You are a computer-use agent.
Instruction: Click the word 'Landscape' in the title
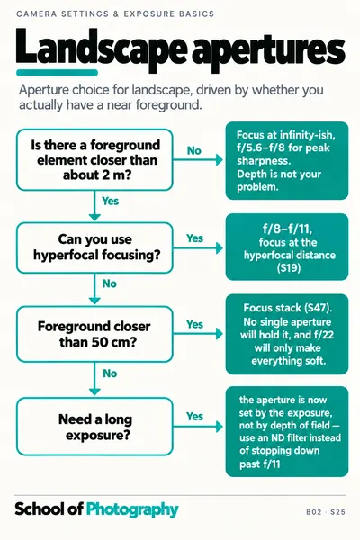pos(101,49)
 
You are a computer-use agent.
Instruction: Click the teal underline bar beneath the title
pos(58,73)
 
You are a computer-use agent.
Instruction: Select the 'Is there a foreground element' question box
pos(94,160)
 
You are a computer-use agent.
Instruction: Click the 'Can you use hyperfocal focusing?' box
pos(94,247)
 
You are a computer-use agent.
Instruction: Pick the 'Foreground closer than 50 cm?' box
pos(94,334)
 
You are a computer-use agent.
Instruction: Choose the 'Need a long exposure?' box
pos(94,427)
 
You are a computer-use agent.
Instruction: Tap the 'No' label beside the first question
pos(194,150)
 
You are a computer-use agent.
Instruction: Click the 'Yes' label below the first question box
pos(110,201)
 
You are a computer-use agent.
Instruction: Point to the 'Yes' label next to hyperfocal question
pos(194,238)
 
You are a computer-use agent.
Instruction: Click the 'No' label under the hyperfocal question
pos(110,283)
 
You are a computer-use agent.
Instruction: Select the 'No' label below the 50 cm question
pos(110,373)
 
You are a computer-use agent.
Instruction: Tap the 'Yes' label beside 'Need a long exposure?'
pos(194,417)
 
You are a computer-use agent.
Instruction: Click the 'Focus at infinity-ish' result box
pos(287,160)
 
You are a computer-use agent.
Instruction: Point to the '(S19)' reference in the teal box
pos(289,267)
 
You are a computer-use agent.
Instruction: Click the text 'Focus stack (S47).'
pos(288,308)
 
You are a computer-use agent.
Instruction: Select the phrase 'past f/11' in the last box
pos(260,463)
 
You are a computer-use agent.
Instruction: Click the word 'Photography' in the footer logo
pos(132,509)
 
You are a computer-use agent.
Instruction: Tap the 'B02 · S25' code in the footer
pos(326,512)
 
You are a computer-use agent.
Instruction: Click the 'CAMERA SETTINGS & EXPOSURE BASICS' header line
pos(115,14)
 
